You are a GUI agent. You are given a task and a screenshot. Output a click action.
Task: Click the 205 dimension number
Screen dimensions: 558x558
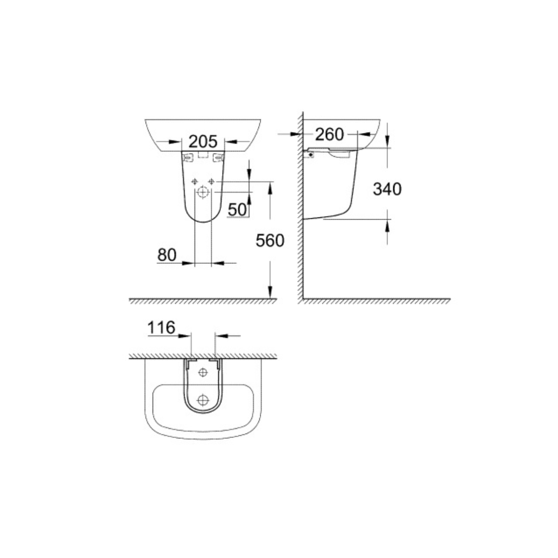tap(203, 142)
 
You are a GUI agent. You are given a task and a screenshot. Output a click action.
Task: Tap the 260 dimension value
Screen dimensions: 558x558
tap(329, 134)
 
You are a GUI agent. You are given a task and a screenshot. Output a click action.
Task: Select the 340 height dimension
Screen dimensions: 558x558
tap(387, 189)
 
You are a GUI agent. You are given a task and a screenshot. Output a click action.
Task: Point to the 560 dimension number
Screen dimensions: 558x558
tap(270, 241)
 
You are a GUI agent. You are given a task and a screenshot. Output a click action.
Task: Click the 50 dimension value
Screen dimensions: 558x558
tap(237, 209)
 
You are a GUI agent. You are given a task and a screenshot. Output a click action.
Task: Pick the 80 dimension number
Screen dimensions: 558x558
tap(167, 255)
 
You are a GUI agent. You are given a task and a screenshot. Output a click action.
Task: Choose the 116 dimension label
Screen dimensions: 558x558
tap(161, 328)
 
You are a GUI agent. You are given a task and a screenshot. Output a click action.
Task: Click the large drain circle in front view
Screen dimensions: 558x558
tap(203, 192)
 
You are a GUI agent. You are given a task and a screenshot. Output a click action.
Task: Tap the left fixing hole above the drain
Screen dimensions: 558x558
tap(195, 182)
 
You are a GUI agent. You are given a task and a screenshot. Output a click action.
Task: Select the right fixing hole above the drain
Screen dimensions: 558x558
tap(212, 182)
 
